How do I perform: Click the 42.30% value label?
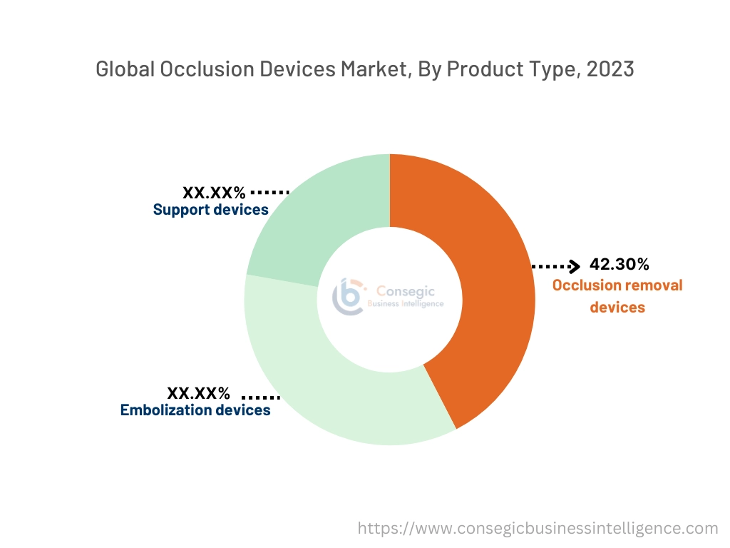point(619,265)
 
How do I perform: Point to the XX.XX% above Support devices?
point(214,192)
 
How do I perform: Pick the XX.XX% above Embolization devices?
point(198,393)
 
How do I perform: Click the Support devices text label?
point(210,210)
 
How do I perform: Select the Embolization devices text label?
point(195,410)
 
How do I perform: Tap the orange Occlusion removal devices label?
point(617,296)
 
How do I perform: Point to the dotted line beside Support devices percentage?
point(270,192)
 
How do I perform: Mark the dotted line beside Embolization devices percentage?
point(261,396)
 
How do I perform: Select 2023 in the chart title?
point(610,69)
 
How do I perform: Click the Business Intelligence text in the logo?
point(405,304)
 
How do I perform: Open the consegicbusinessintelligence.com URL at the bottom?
point(538,528)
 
